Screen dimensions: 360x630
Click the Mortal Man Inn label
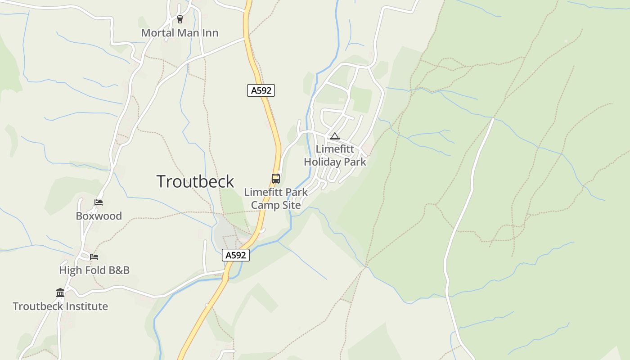pos(180,33)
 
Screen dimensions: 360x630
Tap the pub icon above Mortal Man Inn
pos(180,19)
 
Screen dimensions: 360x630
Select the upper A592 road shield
pos(261,90)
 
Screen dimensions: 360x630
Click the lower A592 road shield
pos(236,256)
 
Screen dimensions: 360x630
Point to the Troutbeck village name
pos(195,181)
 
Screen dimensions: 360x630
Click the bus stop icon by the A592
pos(276,178)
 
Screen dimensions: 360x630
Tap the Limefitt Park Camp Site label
pos(276,198)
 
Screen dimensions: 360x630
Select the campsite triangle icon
pos(334,136)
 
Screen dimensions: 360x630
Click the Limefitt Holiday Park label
pos(335,155)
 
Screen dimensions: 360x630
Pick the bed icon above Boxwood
pos(99,202)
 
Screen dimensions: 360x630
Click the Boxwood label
pos(99,216)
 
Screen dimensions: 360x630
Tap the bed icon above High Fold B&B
pos(94,257)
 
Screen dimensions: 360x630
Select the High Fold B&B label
pos(94,270)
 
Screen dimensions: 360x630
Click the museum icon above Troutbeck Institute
pos(60,293)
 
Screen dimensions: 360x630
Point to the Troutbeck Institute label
pos(60,306)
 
